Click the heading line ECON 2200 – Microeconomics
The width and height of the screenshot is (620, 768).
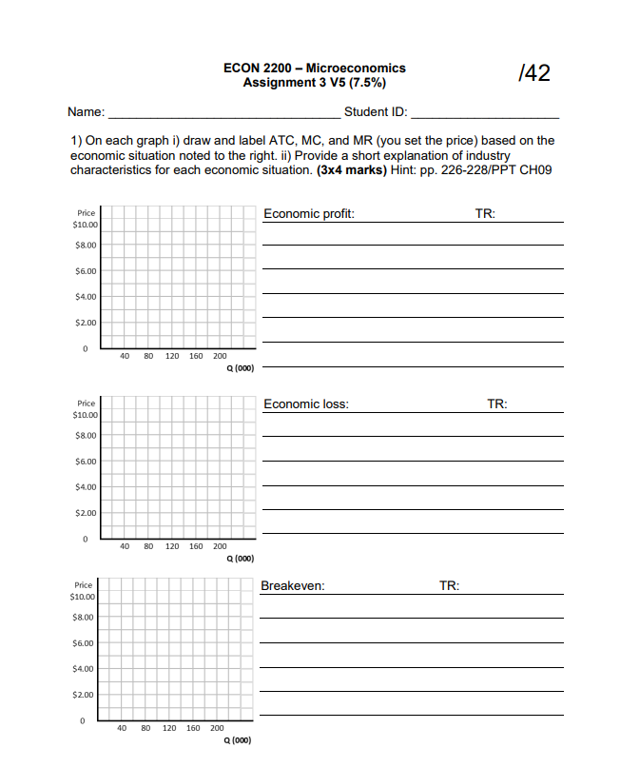click(314, 68)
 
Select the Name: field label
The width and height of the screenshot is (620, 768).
click(87, 112)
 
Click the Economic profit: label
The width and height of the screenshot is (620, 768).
click(309, 214)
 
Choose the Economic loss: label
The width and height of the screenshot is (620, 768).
click(306, 404)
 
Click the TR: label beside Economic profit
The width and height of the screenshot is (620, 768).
click(485, 214)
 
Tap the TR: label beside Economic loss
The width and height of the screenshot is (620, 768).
click(497, 404)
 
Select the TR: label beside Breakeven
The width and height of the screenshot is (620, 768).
click(449, 586)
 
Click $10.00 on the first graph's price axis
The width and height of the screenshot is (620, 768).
click(85, 225)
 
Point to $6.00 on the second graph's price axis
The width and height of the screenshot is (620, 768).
click(85, 462)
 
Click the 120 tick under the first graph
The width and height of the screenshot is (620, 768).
click(172, 357)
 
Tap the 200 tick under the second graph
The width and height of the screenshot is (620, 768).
click(220, 546)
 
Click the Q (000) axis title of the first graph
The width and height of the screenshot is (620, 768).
click(238, 367)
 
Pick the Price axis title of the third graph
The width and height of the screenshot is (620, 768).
click(84, 585)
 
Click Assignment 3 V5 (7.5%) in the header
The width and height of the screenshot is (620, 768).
click(314, 83)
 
